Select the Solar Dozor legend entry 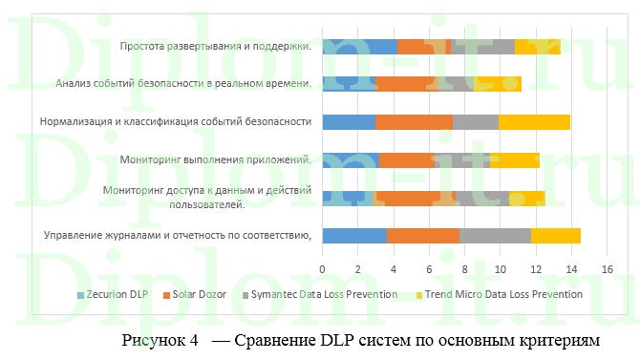200,294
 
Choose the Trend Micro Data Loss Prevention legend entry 503,294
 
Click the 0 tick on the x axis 323,270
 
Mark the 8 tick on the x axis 464,270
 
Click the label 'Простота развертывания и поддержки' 215,46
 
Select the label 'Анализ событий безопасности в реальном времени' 183,84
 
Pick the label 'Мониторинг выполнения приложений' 216,159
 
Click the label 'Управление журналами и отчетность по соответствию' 180,235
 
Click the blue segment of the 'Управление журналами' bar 354,236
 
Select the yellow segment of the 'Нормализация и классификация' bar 534,121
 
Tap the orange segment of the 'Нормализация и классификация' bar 414,121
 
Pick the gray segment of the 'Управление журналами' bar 495,236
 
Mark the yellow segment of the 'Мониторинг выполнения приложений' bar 516,159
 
